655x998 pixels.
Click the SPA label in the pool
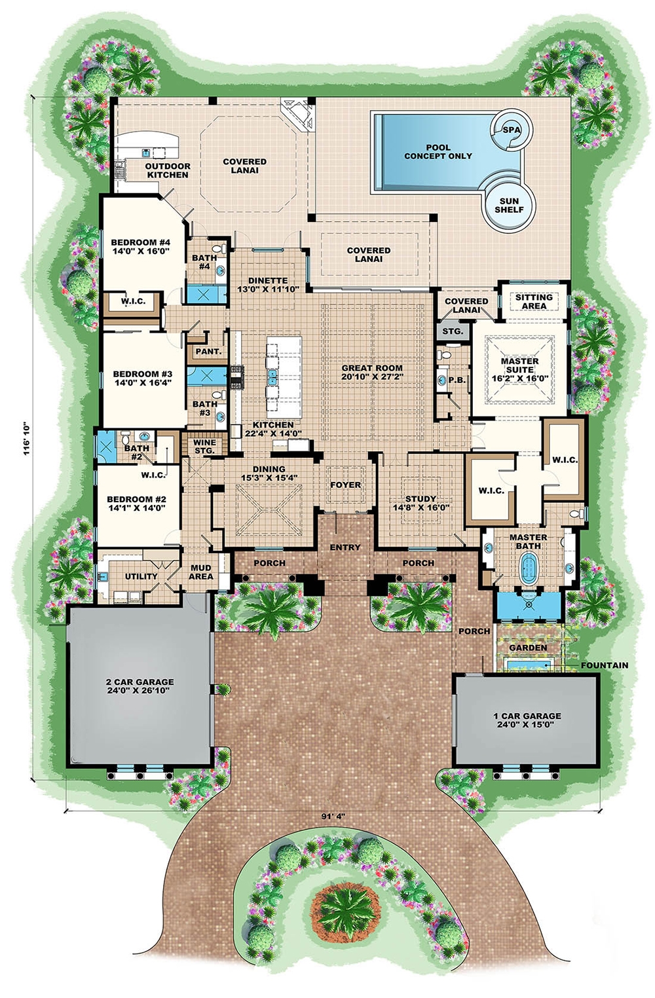coord(512,130)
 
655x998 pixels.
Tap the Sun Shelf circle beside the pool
coord(509,205)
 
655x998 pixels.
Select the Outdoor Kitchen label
coord(168,170)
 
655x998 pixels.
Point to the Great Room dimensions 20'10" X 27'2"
coord(372,377)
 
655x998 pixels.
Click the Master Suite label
coord(519,365)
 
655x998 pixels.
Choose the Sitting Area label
coord(534,301)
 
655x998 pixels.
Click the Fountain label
coord(603,665)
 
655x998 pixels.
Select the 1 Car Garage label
coord(527,716)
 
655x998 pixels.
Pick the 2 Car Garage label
coord(140,682)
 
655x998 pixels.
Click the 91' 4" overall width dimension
coord(333,817)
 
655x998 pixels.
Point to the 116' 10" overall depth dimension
coord(28,438)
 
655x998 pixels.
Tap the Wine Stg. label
coord(204,447)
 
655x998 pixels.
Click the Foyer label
coord(345,485)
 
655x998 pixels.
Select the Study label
coord(421,498)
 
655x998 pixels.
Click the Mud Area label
coord(200,572)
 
